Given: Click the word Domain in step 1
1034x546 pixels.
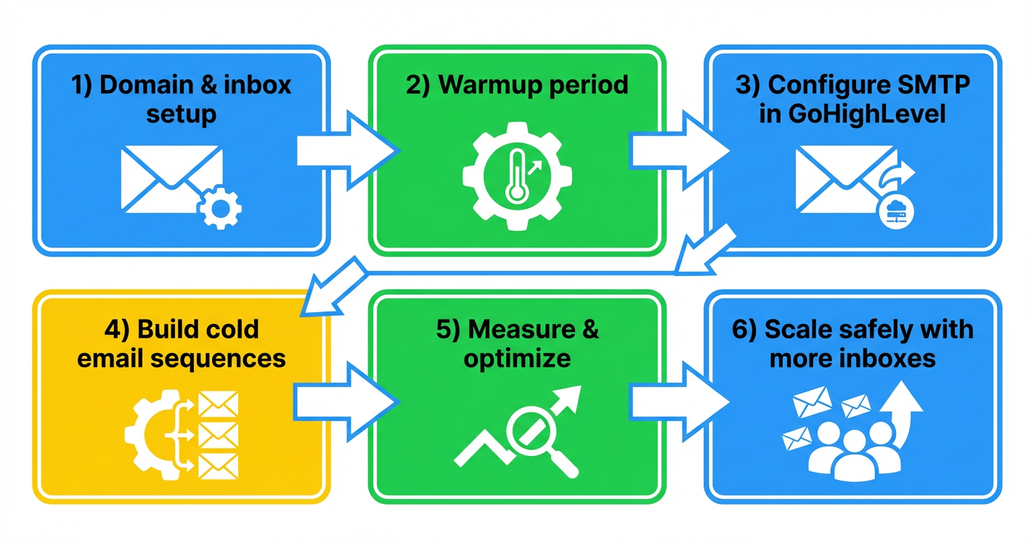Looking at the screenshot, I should [x=142, y=85].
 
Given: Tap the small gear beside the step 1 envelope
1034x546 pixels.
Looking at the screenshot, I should [x=219, y=208].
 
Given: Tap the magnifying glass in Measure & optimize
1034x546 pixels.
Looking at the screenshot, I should [x=534, y=439].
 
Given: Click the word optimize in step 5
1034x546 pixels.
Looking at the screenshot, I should [x=517, y=358].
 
